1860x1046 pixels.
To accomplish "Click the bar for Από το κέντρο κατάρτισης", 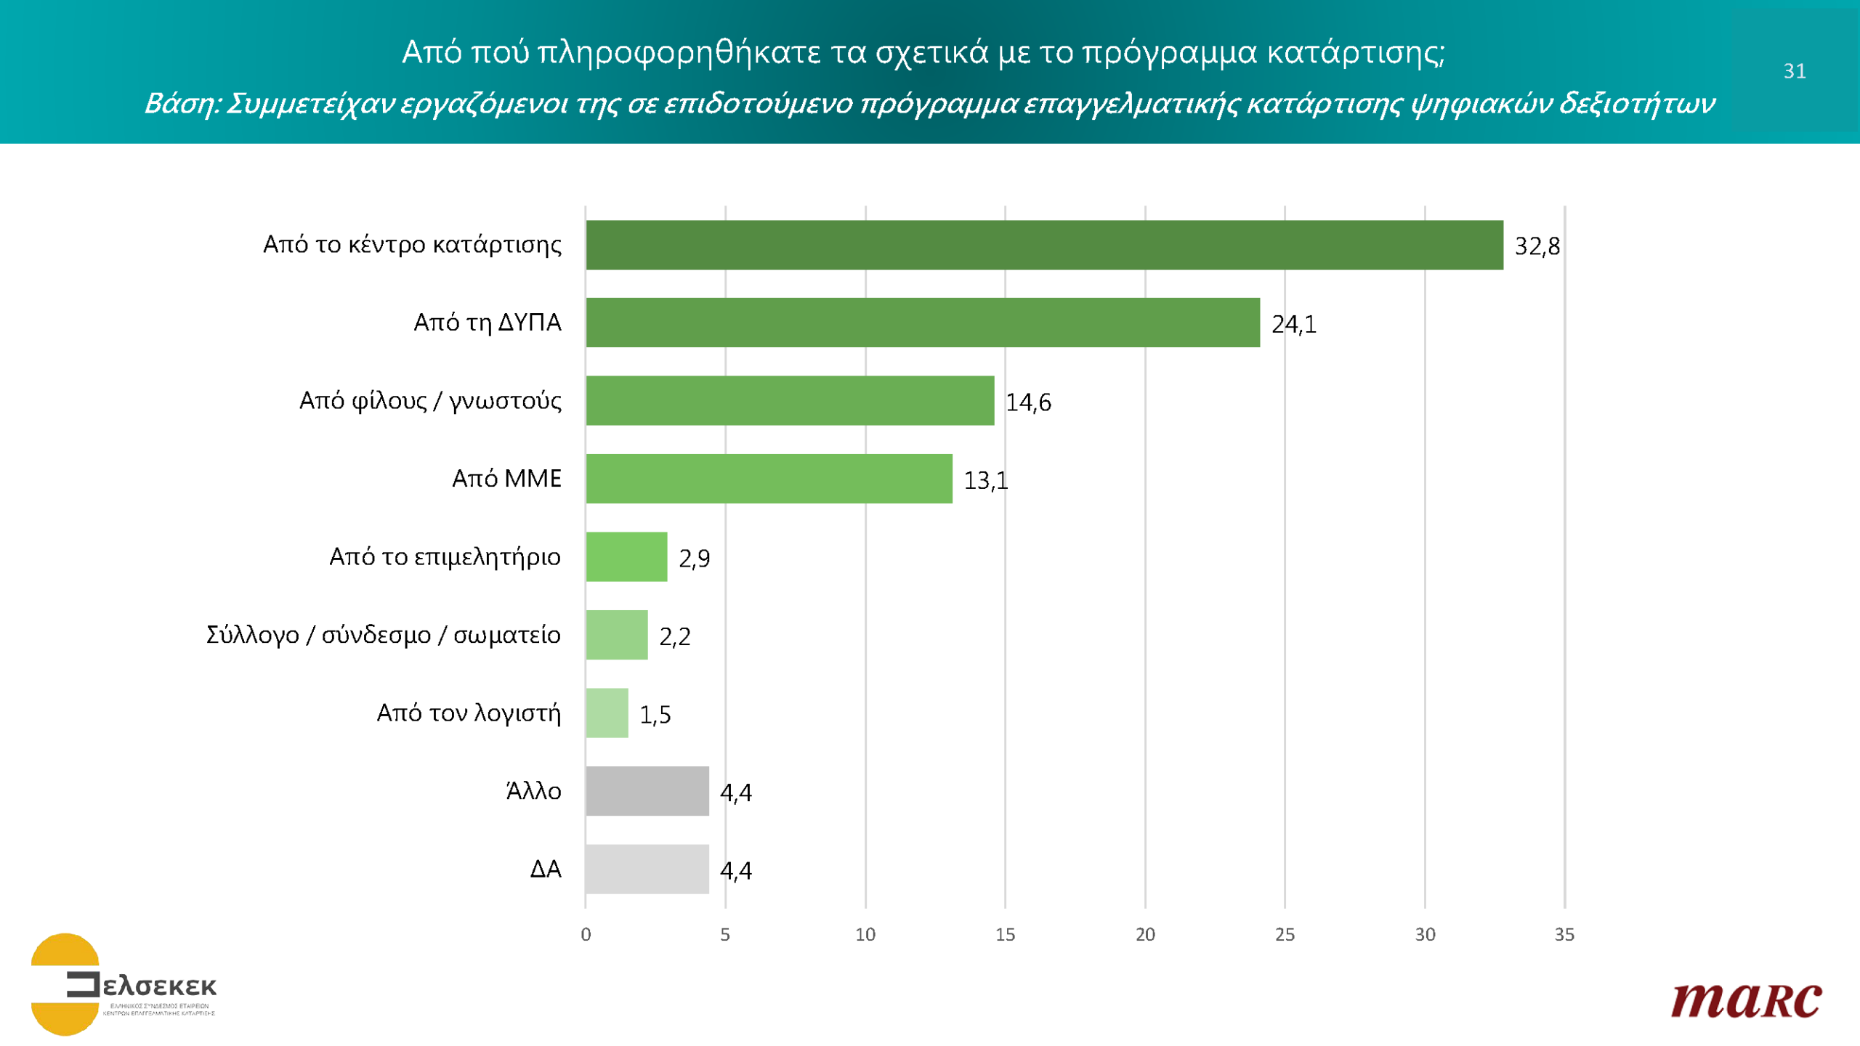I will (1044, 245).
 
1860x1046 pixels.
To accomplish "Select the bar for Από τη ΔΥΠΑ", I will (923, 323).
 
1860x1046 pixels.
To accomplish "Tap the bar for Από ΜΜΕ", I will (769, 479).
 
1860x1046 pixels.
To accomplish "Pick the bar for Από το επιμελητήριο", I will (626, 556).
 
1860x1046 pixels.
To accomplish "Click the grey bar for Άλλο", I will (647, 791).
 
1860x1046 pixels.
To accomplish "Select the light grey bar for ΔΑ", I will (647, 869).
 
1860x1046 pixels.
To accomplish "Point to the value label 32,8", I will (1537, 246).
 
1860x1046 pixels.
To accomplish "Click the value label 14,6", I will (1028, 402).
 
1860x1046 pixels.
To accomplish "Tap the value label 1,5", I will (655, 715).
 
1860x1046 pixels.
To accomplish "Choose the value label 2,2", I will (674, 637).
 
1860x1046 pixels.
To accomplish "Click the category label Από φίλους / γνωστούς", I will (430, 401).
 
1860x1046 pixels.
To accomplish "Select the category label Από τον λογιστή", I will (469, 713).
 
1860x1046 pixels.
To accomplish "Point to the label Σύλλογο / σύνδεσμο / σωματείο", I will (383, 636).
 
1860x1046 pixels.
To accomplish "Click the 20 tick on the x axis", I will (1145, 935).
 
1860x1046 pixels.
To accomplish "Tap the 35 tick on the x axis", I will (1564, 935).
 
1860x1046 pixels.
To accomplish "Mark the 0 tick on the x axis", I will (586, 935).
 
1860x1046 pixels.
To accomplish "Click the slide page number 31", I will (1795, 71).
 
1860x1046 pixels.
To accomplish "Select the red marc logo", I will (1746, 1001).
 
